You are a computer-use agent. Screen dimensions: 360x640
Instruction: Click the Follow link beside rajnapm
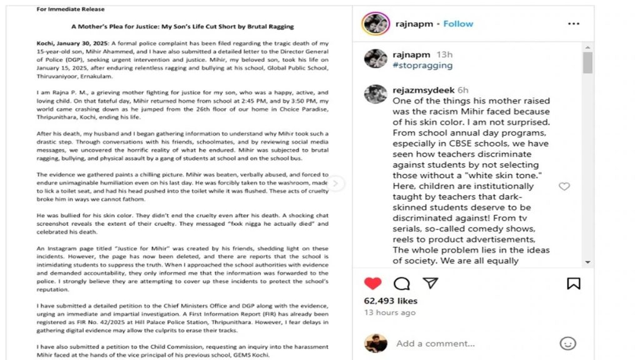coord(458,24)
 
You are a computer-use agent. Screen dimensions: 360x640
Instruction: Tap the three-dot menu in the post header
coord(573,24)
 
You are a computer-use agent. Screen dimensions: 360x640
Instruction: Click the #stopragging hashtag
coord(422,65)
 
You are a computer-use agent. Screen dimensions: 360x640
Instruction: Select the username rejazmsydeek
coord(424,90)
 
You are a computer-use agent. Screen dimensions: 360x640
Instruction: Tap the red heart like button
coord(373,283)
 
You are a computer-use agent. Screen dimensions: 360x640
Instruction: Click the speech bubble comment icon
coord(402,284)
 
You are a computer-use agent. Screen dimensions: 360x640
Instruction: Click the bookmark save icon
coord(573,284)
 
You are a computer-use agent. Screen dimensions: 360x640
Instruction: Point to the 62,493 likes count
coord(390,301)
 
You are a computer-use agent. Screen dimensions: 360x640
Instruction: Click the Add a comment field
coord(435,343)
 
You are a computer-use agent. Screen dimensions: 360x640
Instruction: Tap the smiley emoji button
coord(567,343)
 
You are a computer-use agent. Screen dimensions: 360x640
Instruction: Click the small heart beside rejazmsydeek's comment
coord(564,186)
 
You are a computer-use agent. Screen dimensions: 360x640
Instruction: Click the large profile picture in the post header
coord(376,24)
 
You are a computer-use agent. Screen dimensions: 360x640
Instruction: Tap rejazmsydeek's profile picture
coord(375,94)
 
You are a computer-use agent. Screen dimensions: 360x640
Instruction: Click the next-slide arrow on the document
coord(336,183)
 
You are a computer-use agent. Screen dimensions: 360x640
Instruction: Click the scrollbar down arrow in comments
coord(587,262)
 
